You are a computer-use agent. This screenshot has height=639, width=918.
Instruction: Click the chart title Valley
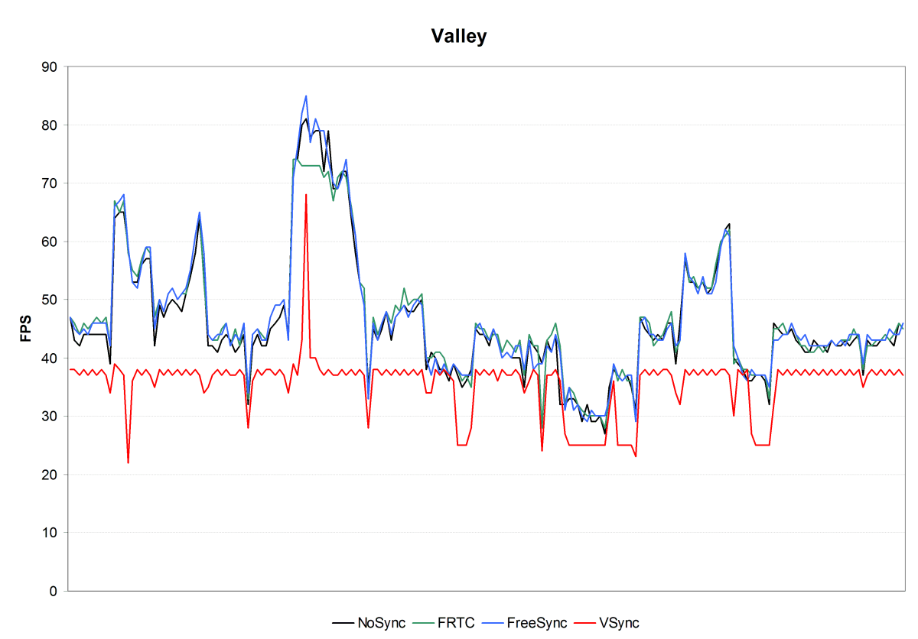tap(458, 37)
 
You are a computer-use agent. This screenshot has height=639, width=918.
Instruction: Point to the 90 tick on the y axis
tap(49, 66)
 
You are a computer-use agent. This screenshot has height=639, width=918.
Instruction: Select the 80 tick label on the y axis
tap(49, 125)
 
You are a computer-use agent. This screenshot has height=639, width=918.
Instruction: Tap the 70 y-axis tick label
tap(49, 183)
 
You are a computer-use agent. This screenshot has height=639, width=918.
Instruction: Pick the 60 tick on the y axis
tap(49, 242)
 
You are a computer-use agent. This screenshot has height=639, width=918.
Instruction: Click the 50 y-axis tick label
tap(49, 300)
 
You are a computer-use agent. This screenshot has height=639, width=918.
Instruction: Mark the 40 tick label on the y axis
tap(49, 358)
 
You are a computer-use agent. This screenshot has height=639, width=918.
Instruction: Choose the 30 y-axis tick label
tap(49, 417)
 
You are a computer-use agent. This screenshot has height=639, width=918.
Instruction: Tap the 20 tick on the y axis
tap(49, 475)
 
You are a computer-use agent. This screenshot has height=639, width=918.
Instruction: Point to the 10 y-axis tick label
tap(49, 533)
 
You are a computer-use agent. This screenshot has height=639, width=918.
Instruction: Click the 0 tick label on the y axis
tap(53, 591)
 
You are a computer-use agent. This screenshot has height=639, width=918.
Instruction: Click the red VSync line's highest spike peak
tap(306, 195)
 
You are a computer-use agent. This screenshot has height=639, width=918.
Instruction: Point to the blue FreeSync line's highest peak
tap(306, 96)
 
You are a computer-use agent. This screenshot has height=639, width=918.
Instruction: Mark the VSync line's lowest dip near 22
tap(128, 462)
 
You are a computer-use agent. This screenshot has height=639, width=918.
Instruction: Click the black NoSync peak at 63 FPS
tap(729, 224)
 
